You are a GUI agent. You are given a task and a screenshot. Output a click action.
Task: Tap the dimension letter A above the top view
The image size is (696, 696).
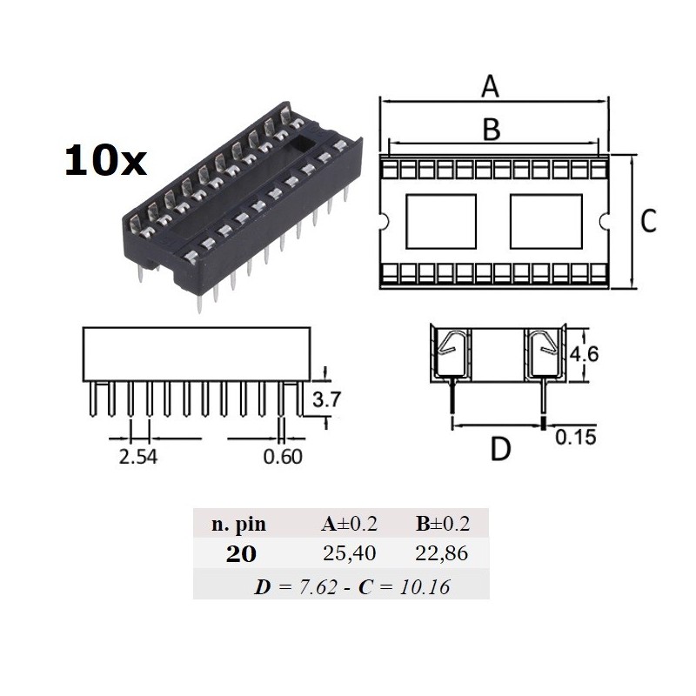coord(492,87)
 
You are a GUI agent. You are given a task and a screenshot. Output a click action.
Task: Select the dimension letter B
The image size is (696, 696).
coord(492,129)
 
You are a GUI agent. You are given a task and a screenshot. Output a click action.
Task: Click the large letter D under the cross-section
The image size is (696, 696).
coord(500,450)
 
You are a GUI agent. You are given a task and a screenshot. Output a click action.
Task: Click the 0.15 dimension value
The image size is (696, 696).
coord(576,438)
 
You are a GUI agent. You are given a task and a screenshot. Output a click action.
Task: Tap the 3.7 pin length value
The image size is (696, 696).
coord(325,402)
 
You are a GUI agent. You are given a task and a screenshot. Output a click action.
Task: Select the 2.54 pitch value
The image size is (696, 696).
coord(137,456)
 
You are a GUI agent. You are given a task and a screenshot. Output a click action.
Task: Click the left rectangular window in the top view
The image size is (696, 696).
coord(441,221)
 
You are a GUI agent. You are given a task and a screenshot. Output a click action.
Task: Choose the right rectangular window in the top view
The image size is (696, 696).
coord(545,221)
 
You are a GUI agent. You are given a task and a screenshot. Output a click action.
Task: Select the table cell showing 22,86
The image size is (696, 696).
coord(443,554)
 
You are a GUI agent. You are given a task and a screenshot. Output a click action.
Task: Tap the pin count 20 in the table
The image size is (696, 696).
coord(241,554)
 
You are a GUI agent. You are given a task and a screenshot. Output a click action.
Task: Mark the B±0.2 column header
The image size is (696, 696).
coord(443,524)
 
